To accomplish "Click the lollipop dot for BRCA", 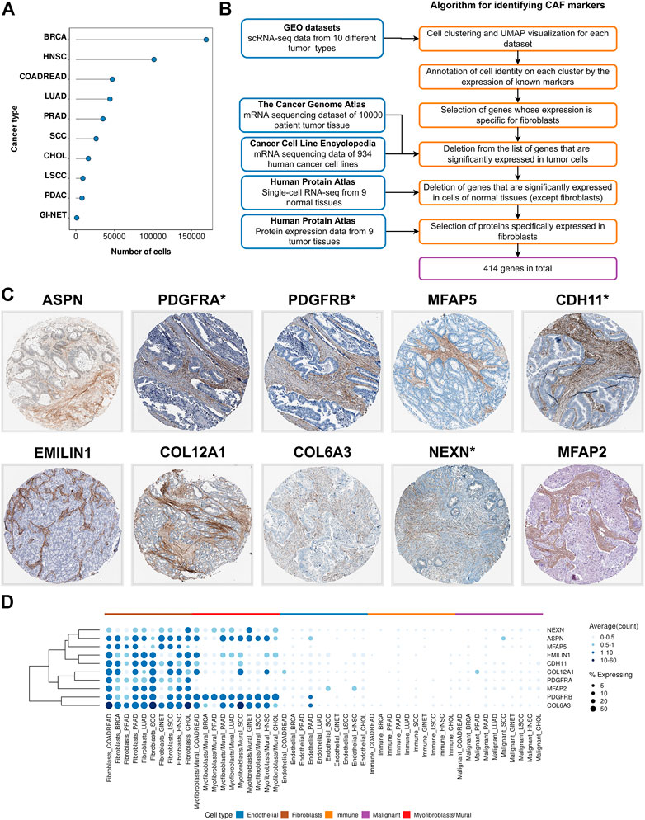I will (x=206, y=39).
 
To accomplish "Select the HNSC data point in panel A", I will (x=154, y=59).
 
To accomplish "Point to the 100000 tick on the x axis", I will (x=152, y=236).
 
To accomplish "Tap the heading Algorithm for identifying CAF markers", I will (x=523, y=7).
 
